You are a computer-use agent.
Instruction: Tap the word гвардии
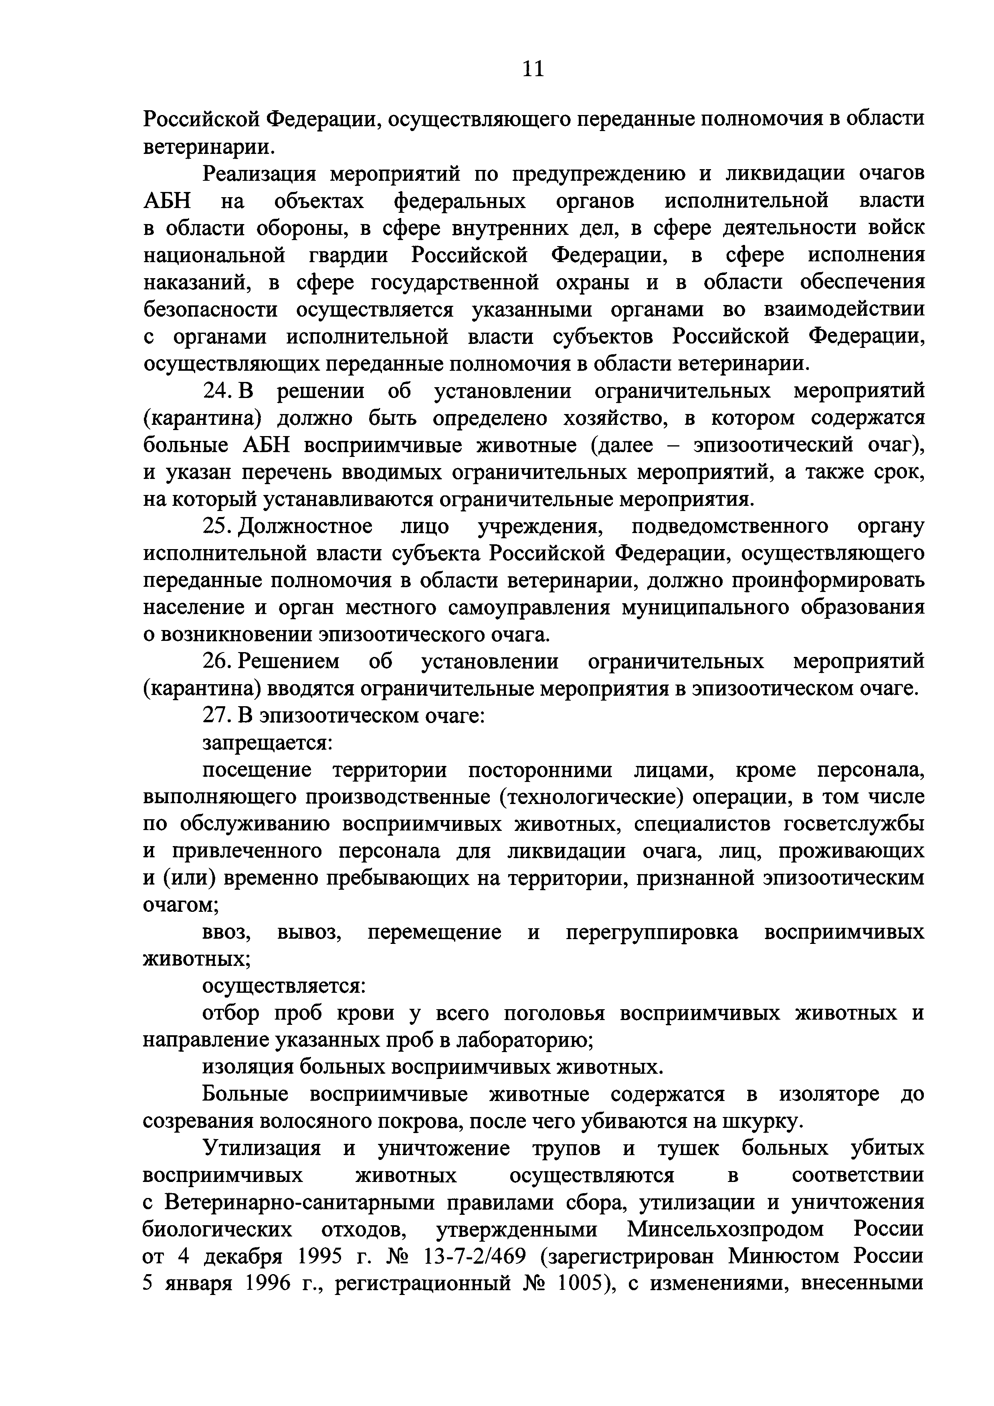coord(345,255)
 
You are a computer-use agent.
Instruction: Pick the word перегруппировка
coord(652,932)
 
